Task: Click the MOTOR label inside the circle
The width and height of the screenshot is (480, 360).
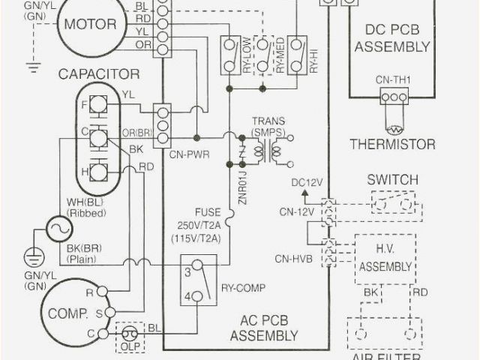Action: (90, 23)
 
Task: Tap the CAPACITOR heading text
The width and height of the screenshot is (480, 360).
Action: (100, 73)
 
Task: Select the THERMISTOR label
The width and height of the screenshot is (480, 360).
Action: (392, 143)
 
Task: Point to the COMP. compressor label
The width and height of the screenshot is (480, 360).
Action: (69, 312)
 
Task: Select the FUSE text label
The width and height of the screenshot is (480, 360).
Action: (208, 212)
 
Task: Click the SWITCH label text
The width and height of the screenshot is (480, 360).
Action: (392, 181)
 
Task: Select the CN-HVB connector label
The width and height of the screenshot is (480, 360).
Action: (295, 259)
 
